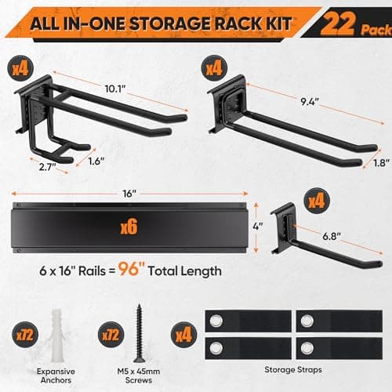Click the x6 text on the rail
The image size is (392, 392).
tap(129, 228)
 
